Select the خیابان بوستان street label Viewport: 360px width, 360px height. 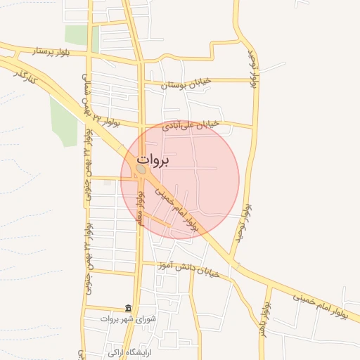pyautogui.click(x=186, y=84)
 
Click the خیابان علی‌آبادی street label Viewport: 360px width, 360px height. pyautogui.click(x=191, y=126)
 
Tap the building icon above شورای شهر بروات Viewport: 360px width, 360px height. pyautogui.click(x=128, y=308)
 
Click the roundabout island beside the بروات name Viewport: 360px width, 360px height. pyautogui.click(x=141, y=169)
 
